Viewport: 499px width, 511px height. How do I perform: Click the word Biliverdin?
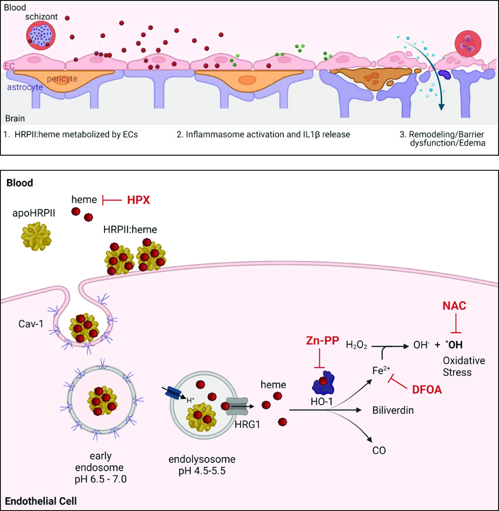pos(393,410)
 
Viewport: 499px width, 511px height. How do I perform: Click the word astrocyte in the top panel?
pos(25,87)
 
